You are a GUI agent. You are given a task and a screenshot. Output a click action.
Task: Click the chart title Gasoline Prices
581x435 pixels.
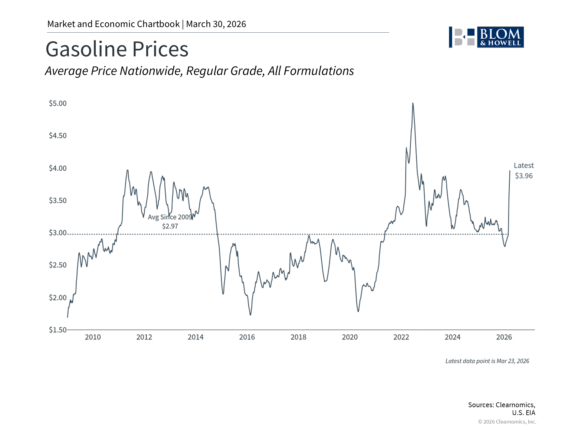[x=117, y=49]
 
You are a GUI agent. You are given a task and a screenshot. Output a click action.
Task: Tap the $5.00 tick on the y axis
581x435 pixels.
[x=58, y=103]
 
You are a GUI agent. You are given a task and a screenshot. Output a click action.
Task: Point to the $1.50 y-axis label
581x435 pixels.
[x=58, y=330]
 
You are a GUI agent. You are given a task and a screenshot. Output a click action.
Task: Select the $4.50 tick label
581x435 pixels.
[x=58, y=136]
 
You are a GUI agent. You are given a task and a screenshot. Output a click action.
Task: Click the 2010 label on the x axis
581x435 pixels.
[x=93, y=337]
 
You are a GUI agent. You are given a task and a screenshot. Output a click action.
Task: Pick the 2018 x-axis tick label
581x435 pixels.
[x=298, y=337]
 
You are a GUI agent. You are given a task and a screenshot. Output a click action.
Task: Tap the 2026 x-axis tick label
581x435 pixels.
[x=504, y=337]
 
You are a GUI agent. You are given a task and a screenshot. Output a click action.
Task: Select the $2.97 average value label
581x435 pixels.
[x=170, y=226]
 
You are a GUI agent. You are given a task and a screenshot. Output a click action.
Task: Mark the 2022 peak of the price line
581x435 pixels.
[x=413, y=103]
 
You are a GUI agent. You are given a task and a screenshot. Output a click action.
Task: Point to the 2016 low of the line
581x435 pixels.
[x=250, y=315]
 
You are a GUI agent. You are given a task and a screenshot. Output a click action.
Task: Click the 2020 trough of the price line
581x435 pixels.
[x=358, y=311]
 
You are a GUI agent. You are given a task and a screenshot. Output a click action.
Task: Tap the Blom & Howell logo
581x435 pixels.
[x=486, y=37]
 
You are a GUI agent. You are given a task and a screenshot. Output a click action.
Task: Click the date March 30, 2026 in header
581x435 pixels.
[x=216, y=24]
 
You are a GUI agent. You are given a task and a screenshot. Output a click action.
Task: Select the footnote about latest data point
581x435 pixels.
[x=487, y=361]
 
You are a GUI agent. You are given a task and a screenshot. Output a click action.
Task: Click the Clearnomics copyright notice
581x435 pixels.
[x=507, y=422]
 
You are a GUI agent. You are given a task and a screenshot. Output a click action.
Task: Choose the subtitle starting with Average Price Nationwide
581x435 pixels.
[x=199, y=71]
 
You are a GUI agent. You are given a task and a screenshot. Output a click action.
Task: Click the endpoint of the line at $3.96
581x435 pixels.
[x=510, y=171]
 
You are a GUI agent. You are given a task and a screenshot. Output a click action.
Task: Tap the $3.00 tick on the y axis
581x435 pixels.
[x=58, y=233]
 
